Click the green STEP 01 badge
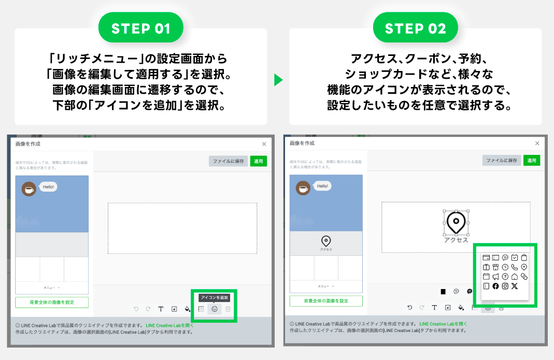click(x=140, y=28)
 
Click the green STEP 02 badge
click(x=415, y=28)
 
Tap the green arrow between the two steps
click(x=278, y=80)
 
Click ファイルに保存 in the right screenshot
click(x=501, y=161)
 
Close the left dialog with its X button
click(x=264, y=144)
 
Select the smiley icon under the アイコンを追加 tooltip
click(x=215, y=309)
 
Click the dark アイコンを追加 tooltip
click(x=214, y=298)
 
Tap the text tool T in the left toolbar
click(x=161, y=309)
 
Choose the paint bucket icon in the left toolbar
click(x=188, y=309)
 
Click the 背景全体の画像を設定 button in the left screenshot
click(x=52, y=302)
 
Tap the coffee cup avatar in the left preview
click(x=29, y=189)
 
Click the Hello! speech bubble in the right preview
click(x=322, y=186)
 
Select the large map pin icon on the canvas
click(x=456, y=222)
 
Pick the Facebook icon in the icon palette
click(x=495, y=286)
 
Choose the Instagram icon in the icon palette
click(x=505, y=286)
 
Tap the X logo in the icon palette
click(x=514, y=286)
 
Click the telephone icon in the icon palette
click(x=514, y=267)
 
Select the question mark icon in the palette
click(x=505, y=277)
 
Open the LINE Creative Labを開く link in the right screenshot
click(x=443, y=324)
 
